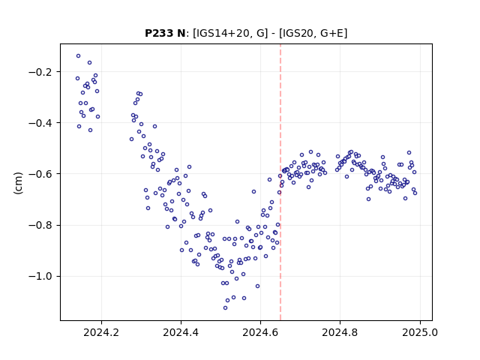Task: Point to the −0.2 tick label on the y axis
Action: click(x=40, y=72)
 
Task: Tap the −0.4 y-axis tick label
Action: click(x=40, y=123)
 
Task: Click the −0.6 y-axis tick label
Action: click(x=40, y=174)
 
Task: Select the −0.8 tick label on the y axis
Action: click(x=40, y=225)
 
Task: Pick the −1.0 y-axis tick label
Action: click(x=40, y=277)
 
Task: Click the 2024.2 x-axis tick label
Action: click(x=101, y=332)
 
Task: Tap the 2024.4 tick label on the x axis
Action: click(x=181, y=332)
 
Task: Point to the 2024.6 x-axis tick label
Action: click(x=260, y=332)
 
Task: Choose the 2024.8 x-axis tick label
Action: click(x=340, y=332)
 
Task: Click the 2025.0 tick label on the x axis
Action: click(x=420, y=332)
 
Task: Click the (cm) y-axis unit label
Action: click(x=18, y=183)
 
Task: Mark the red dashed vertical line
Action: click(x=280, y=182)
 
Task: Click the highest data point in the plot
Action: click(x=78, y=56)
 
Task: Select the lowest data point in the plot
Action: click(x=225, y=308)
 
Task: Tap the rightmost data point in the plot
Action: click(x=415, y=193)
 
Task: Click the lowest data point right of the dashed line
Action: click(x=368, y=199)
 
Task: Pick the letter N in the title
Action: click(x=181, y=33)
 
